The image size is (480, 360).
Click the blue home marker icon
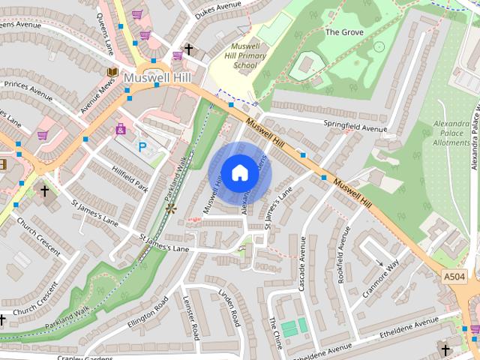pyautogui.click(x=239, y=172)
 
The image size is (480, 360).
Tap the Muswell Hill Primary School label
pyautogui.click(x=244, y=55)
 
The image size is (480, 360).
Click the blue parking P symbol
pyautogui.click(x=142, y=148)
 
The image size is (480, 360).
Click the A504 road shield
pyautogui.click(x=454, y=277)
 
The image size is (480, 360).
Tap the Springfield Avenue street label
pyautogui.click(x=355, y=127)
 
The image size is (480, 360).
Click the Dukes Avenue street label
pyautogui.click(x=218, y=10)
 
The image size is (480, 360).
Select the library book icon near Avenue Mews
pyautogui.click(x=112, y=71)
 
